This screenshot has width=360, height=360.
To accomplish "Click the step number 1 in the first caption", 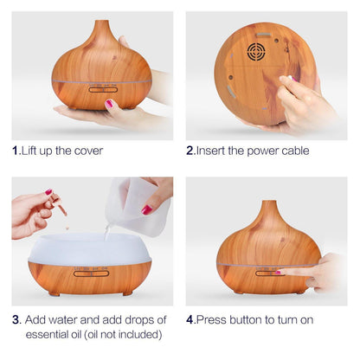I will point(16,151).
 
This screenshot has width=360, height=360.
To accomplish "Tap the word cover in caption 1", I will point(88,151).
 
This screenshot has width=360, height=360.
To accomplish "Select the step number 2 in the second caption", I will point(190,151).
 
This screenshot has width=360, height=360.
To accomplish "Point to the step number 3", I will point(16,318).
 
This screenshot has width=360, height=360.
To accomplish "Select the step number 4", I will point(190,318).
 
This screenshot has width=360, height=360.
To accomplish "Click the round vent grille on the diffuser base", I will point(256,52).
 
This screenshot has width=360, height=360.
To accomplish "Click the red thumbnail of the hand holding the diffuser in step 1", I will point(110,103).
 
